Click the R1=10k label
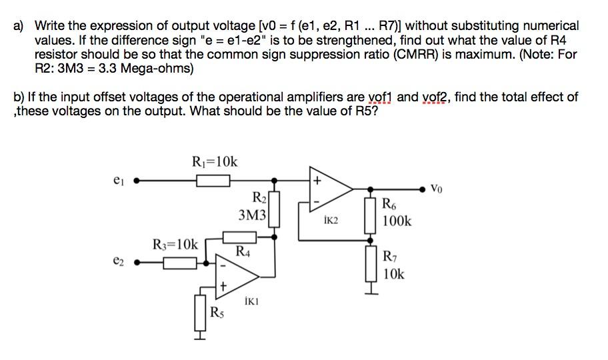click(214, 161)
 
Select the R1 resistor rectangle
click(213, 180)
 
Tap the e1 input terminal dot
click(136, 180)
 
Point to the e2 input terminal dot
click(136, 263)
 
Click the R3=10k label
click(175, 245)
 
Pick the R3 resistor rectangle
click(179, 263)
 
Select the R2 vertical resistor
click(273, 208)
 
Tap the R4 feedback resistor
click(238, 237)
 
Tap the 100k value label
click(397, 220)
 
